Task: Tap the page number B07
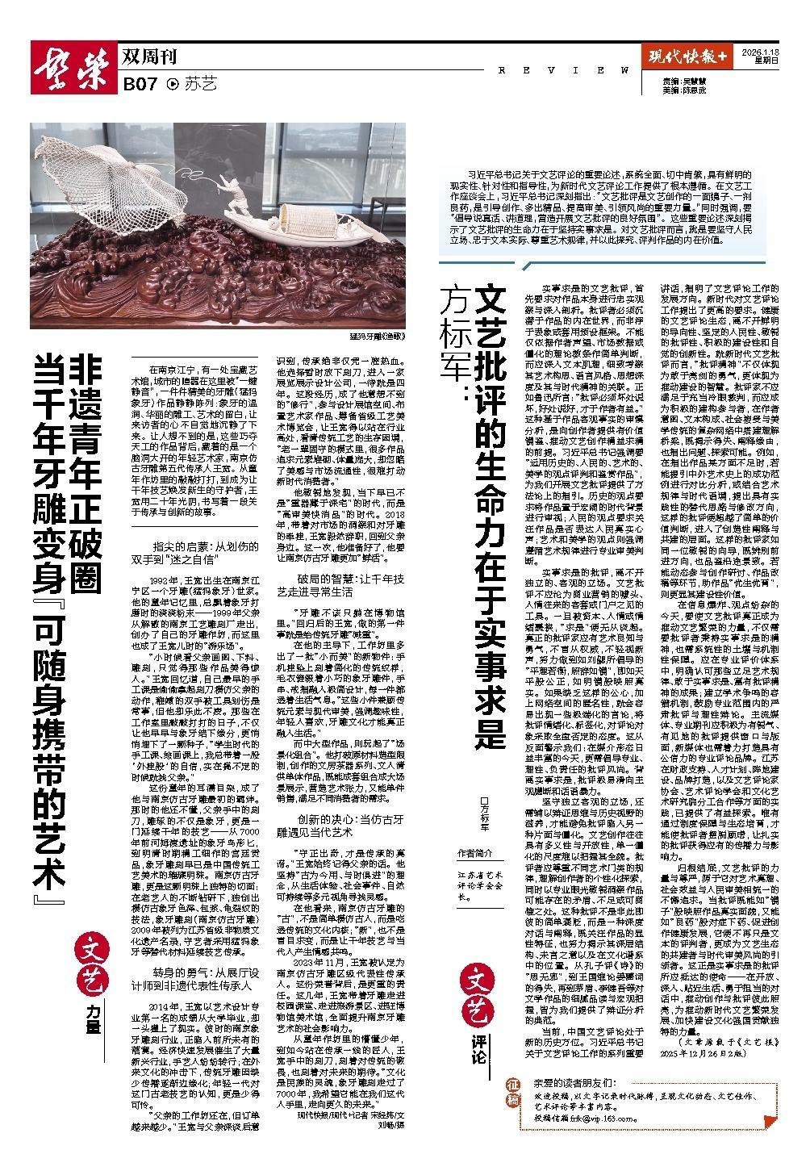pyautogui.click(x=140, y=83)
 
